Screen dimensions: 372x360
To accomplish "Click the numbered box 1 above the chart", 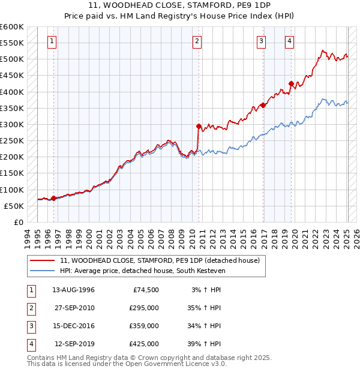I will point(53,41).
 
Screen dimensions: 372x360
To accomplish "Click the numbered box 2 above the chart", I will point(197,41).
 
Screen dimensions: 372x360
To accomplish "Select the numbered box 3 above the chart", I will point(262,41).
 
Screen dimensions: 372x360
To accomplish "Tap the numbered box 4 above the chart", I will point(289,41).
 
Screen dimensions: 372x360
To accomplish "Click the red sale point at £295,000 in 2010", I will point(199,126).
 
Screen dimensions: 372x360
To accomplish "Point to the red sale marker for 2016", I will point(263,105).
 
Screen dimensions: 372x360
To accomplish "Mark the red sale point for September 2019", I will point(291,84).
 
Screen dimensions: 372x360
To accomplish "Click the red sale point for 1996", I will point(53,198).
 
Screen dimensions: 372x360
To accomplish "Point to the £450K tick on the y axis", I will point(12,76).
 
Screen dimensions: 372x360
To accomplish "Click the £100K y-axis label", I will point(12,190).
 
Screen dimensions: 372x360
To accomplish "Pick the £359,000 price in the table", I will point(144,326).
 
